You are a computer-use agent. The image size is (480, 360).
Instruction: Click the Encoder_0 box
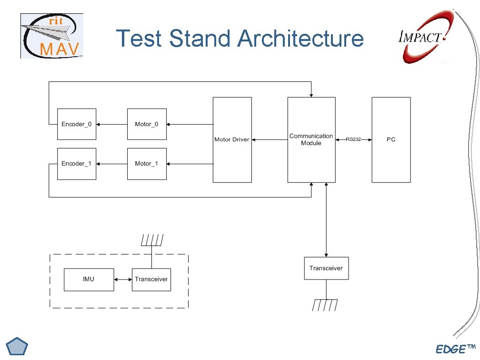pos(77,124)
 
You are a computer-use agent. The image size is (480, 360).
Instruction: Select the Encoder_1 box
pos(77,164)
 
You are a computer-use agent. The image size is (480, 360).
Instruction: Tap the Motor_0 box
pos(147,124)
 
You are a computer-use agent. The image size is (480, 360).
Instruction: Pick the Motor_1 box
pos(147,164)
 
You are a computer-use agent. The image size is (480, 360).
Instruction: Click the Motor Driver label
pos(232,140)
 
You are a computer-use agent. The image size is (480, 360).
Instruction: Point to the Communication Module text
pos(311,140)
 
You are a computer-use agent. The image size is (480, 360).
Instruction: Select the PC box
pos(391,140)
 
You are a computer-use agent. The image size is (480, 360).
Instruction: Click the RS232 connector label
pos(353,140)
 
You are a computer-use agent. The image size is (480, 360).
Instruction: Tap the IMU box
pos(89,279)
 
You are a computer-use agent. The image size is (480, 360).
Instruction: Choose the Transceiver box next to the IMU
pos(151,279)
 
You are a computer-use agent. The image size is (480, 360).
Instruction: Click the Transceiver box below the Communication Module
pos(326,269)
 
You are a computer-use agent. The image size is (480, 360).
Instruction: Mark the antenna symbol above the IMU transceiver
pos(152,240)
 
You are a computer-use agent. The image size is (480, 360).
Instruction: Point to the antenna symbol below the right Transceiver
pos(326,305)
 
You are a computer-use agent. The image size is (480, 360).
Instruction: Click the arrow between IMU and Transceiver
pos(123,280)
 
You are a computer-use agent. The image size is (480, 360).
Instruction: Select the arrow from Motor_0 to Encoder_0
pos(112,124)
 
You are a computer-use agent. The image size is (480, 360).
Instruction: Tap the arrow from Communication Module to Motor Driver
pos(270,140)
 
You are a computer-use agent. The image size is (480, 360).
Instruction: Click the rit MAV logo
pos(52,36)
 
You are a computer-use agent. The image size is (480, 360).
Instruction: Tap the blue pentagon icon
pos(18,346)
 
